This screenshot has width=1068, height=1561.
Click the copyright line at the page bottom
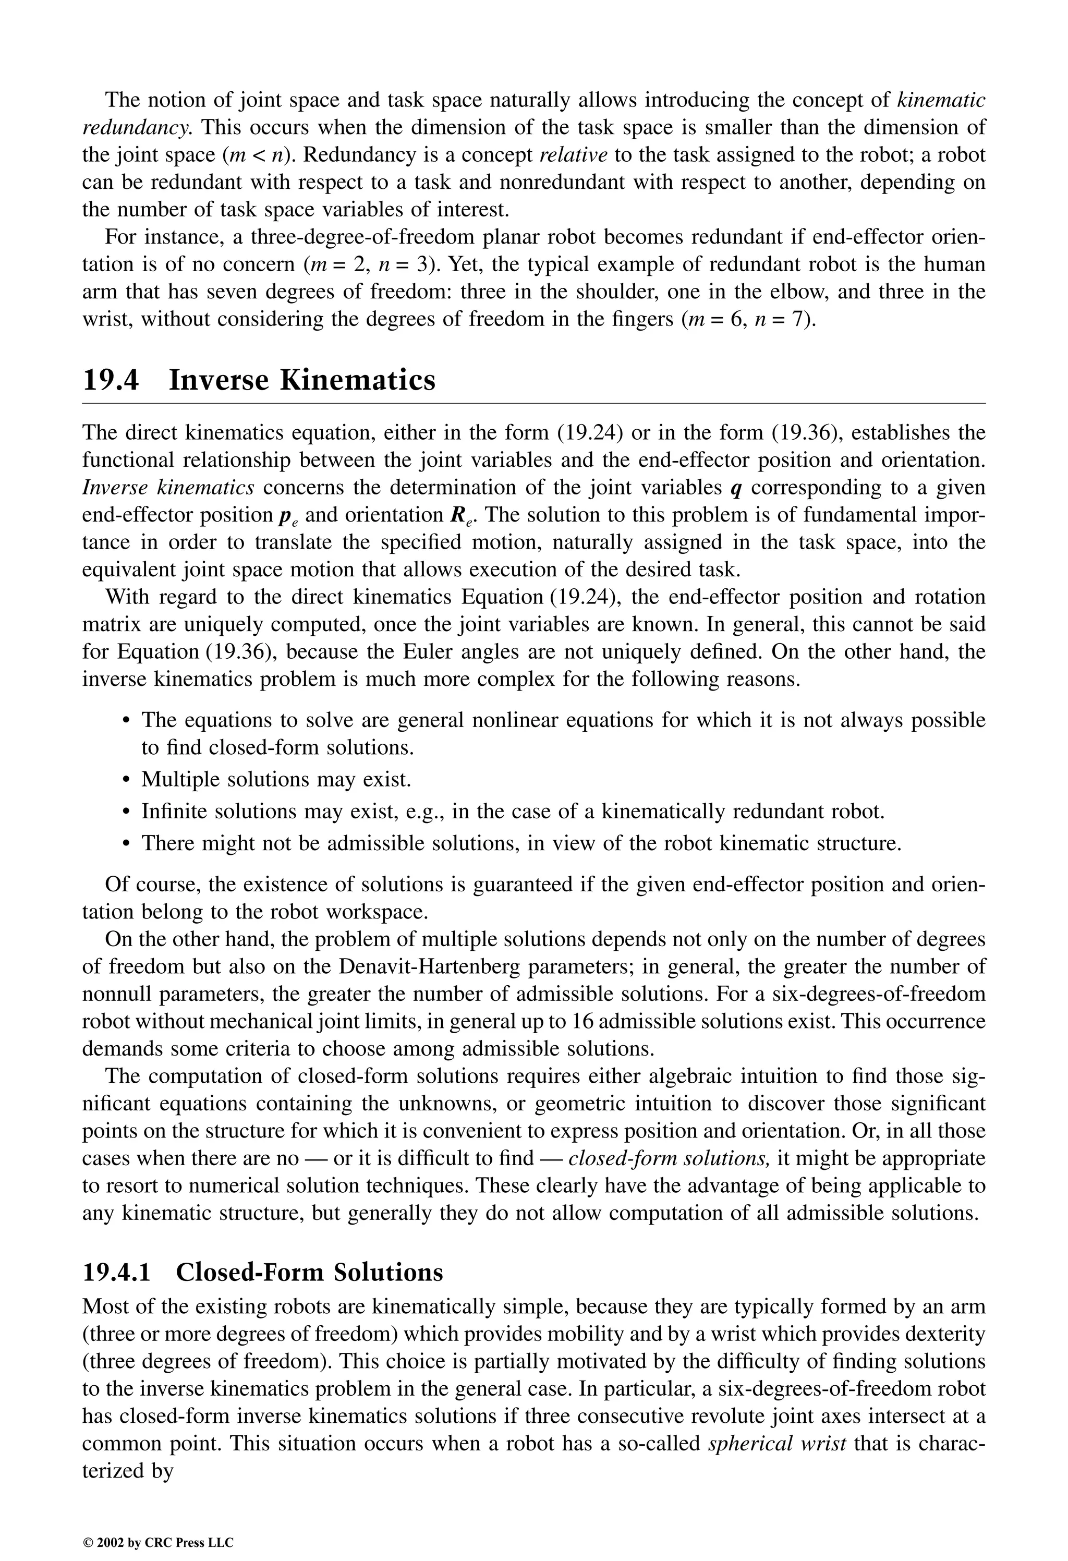[x=158, y=1524]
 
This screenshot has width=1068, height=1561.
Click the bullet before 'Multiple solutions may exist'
[x=126, y=780]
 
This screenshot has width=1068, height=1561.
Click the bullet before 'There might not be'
[x=126, y=844]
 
